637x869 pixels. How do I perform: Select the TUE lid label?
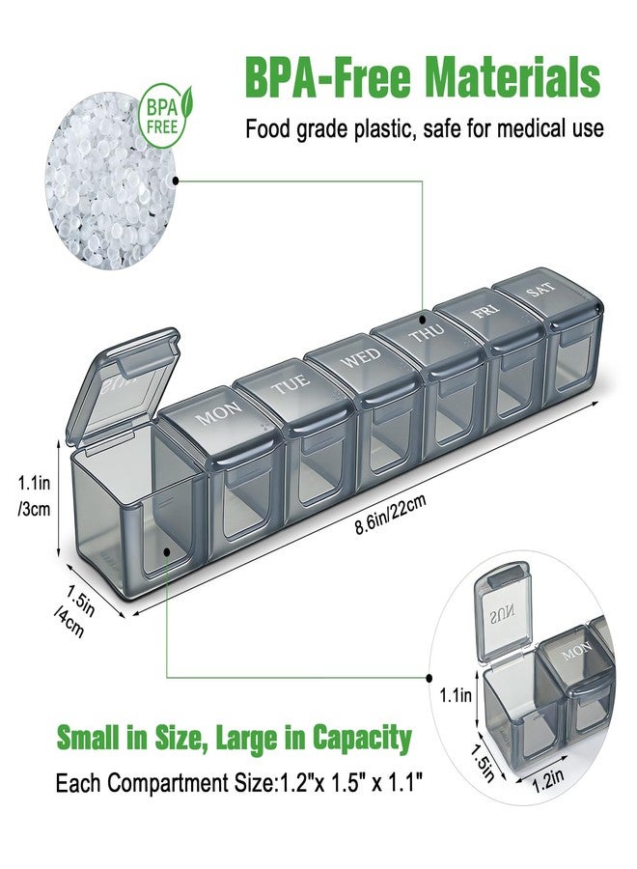pyautogui.click(x=291, y=384)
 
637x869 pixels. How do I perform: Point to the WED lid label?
pyautogui.click(x=361, y=357)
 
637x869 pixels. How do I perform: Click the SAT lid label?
pyautogui.click(x=540, y=290)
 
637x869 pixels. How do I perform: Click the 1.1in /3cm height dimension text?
pyautogui.click(x=35, y=496)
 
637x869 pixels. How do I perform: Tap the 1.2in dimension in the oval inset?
pyautogui.click(x=548, y=781)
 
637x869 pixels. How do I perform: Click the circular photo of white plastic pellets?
pyautogui.click(x=111, y=182)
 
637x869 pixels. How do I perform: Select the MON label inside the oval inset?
pyautogui.click(x=576, y=652)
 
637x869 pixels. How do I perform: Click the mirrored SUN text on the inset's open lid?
pyautogui.click(x=502, y=613)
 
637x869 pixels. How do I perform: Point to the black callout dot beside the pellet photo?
pyautogui.click(x=177, y=181)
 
